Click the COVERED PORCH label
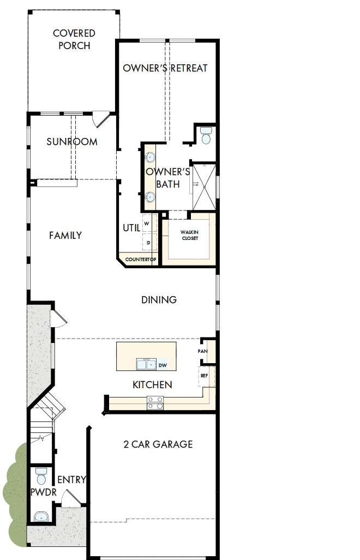74,40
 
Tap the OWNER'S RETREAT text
165,68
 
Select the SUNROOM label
72,142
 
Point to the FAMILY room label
65,236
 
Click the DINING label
159,300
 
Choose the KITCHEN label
152,385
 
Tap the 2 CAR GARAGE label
158,444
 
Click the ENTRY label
71,480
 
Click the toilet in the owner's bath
206,136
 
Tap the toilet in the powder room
41,478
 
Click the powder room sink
40,516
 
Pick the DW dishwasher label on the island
163,365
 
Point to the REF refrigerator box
205,376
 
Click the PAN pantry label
202,352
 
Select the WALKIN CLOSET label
189,236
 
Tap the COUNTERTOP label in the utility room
141,260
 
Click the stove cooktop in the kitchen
155,403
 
